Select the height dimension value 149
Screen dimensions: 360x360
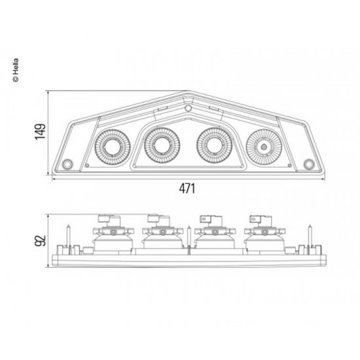click(41, 133)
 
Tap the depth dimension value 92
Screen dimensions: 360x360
click(41, 242)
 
